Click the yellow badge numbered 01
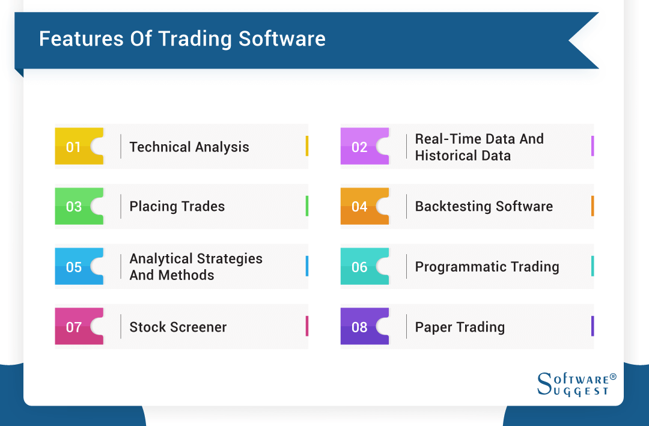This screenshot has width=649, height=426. click(x=75, y=147)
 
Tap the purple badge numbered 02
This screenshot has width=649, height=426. click(x=360, y=147)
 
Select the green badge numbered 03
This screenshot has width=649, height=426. click(x=75, y=207)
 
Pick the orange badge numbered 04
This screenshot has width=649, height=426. click(x=360, y=207)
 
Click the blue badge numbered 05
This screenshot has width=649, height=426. click(x=75, y=267)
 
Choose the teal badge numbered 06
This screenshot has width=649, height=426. click(x=360, y=267)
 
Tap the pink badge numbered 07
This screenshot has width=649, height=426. click(x=75, y=327)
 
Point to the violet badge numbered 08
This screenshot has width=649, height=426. click(x=360, y=327)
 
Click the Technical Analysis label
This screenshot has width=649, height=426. click(x=189, y=147)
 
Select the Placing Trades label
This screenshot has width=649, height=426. click(x=177, y=207)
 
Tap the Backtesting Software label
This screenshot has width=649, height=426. click(x=484, y=207)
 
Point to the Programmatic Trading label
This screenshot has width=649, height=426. click(x=487, y=267)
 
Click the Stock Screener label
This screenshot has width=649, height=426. click(x=178, y=327)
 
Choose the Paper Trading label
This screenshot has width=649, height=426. click(x=460, y=327)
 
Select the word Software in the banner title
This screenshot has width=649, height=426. click(x=282, y=39)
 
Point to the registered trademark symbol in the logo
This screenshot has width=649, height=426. click(x=613, y=377)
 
